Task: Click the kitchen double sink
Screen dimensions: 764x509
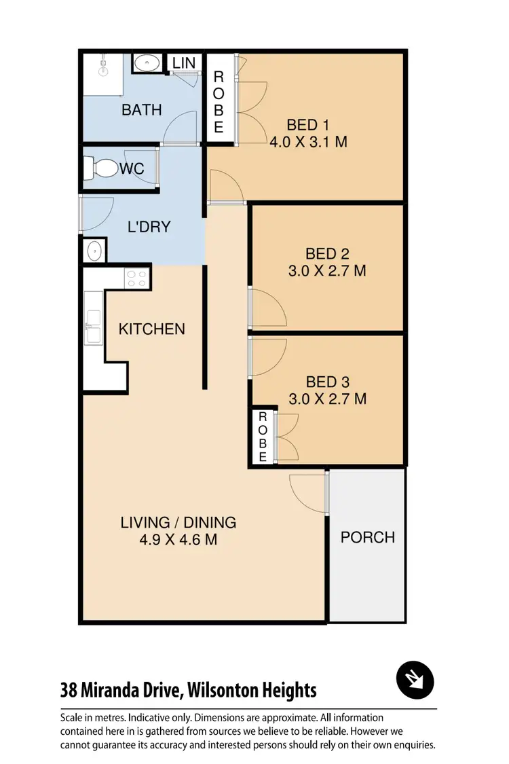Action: pyautogui.click(x=93, y=326)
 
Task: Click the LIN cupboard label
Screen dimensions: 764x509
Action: pyautogui.click(x=184, y=62)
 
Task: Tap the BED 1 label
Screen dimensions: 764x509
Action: pyautogui.click(x=307, y=125)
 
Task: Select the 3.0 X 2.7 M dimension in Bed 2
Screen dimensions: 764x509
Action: pyautogui.click(x=326, y=270)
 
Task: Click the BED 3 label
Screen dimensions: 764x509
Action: pyautogui.click(x=327, y=382)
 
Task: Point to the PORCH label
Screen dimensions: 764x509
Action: pyautogui.click(x=367, y=537)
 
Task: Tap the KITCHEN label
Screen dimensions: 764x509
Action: pyautogui.click(x=151, y=329)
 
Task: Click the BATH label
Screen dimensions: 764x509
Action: pyautogui.click(x=141, y=109)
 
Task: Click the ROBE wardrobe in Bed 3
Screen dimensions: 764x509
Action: pyautogui.click(x=263, y=437)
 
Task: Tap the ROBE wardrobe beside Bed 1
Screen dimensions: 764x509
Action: pyautogui.click(x=219, y=102)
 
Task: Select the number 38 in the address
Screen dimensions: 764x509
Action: pyautogui.click(x=69, y=691)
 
